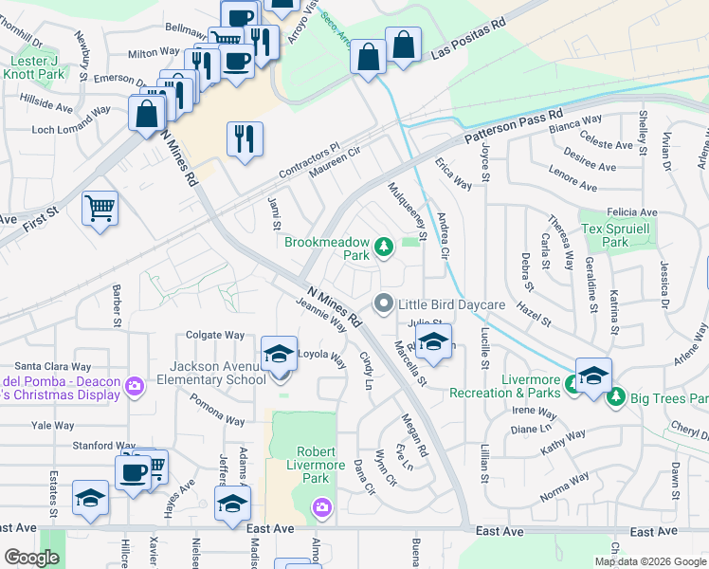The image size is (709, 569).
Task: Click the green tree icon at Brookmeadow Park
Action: pos(384,248)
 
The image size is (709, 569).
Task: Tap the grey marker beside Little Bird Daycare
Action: pos(384,304)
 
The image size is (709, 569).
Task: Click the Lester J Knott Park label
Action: pos(37,67)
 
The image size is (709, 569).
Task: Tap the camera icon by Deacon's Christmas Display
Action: pos(135,385)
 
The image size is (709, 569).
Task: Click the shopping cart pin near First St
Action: pos(100,208)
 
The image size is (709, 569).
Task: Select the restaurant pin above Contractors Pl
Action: pos(245,138)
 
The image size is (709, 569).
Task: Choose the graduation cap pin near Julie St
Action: pos(433,343)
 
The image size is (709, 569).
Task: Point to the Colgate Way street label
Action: pos(215,335)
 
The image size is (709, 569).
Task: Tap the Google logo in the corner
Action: pos(31,557)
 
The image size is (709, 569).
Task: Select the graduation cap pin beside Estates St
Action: pos(90,499)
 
